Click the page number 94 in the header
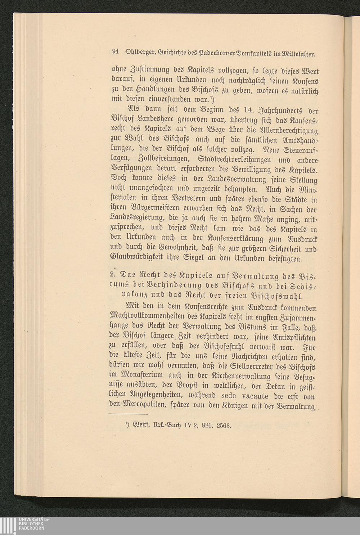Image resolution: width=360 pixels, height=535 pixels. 116,51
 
